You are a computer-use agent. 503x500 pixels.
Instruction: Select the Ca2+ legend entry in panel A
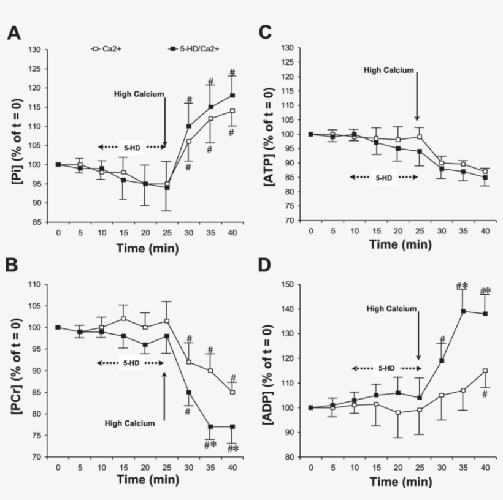pos(107,48)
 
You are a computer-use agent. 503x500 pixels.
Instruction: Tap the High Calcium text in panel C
pos(389,70)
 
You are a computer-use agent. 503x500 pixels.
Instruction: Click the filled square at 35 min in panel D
pos(463,311)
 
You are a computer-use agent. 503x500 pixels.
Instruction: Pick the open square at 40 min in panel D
pos(485,370)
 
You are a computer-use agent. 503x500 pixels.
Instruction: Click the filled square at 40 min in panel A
pos(232,95)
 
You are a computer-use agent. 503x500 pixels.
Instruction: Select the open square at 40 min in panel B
pos(232,392)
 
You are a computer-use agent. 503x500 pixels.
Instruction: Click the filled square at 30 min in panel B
pos(189,392)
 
